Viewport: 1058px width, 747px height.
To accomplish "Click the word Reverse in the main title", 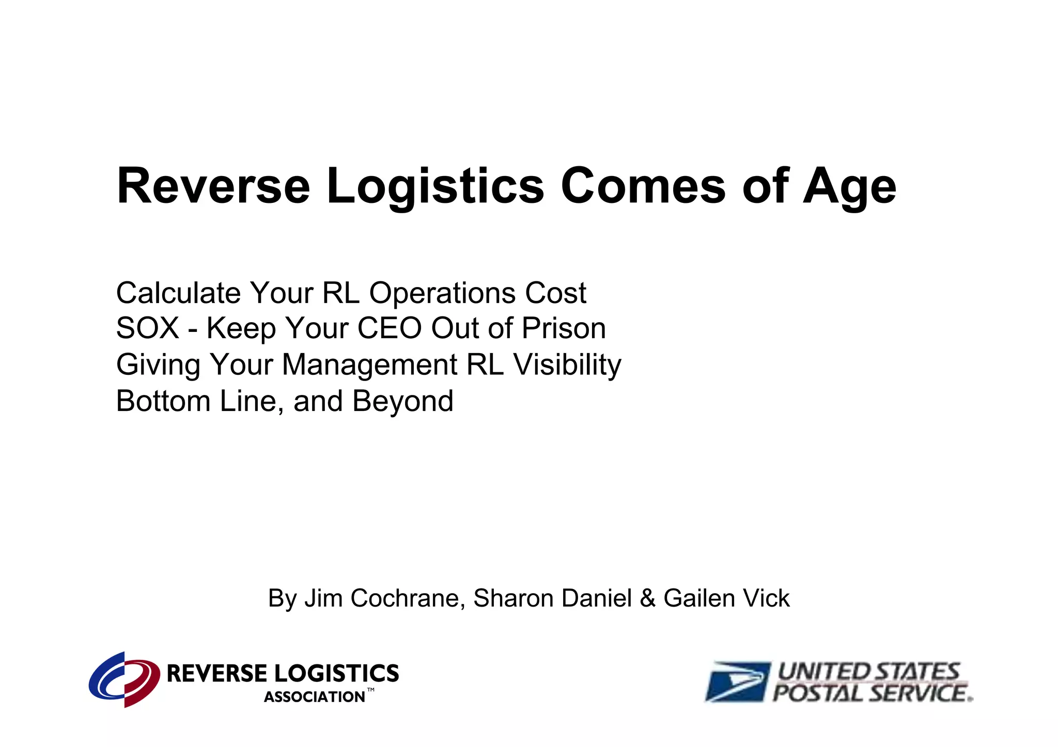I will [x=213, y=186].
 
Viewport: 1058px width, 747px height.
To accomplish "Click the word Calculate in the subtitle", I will [x=178, y=293].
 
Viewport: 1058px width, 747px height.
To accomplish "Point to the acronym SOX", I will [x=147, y=328].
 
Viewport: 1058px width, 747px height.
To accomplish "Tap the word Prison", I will [x=563, y=328].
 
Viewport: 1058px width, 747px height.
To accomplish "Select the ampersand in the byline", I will [x=647, y=599].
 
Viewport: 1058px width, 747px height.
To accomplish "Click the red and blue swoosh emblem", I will [x=124, y=679].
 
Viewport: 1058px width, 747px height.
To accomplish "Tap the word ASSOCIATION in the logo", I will [x=314, y=697].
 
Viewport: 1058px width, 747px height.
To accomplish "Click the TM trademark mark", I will [x=370, y=691].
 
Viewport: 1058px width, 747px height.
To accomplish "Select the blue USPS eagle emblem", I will [x=738, y=681].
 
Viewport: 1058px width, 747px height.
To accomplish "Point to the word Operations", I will [x=442, y=294].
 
